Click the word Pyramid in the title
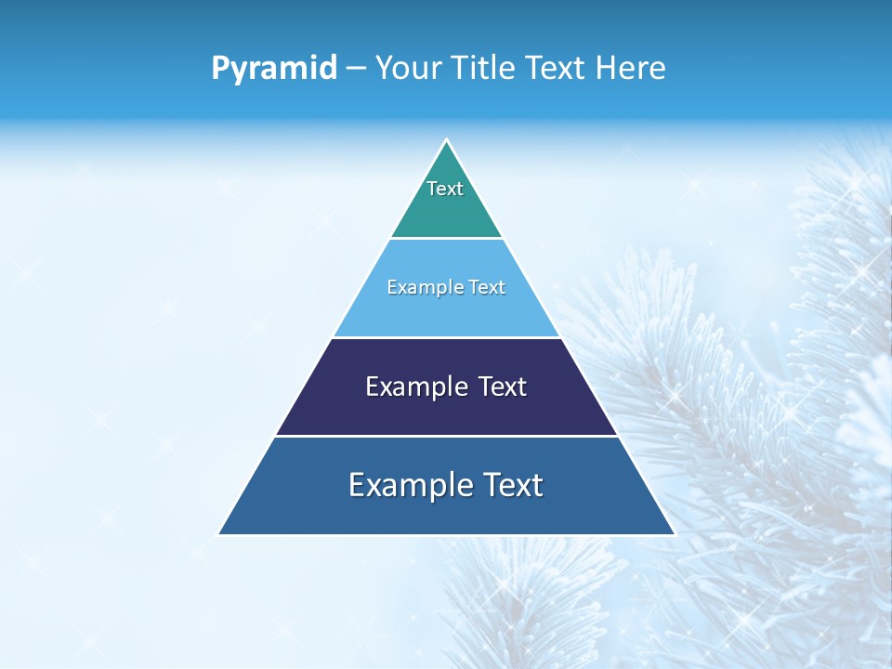(x=274, y=69)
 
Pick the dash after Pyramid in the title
(x=355, y=69)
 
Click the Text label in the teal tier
(x=445, y=189)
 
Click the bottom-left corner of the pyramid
(x=219, y=534)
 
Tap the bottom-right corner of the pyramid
(x=674, y=534)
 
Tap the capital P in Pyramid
(x=219, y=68)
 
